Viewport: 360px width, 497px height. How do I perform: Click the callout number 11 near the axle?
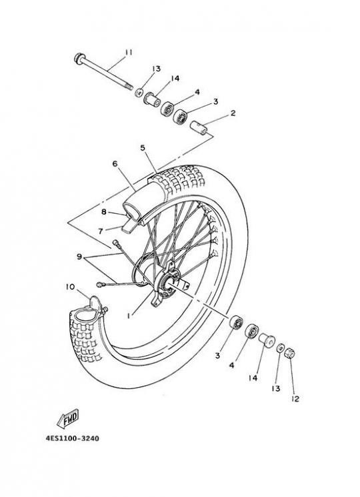point(129,53)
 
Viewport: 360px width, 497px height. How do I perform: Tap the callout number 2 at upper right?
point(233,113)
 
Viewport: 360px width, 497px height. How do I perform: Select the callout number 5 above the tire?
point(143,148)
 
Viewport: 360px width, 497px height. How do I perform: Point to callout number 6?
point(115,164)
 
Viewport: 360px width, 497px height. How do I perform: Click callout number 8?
point(104,211)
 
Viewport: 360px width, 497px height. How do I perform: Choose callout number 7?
point(101,231)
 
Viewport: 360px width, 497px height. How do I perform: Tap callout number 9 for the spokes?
point(79,256)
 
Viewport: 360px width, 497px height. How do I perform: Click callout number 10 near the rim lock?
point(70,287)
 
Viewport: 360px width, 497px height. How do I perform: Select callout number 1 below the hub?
point(129,316)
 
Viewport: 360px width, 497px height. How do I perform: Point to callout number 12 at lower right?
point(295,399)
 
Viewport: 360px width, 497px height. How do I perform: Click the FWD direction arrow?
point(68,419)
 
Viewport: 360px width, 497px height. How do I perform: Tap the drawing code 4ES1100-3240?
point(72,438)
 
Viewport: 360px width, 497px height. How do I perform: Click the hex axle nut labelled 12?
point(289,352)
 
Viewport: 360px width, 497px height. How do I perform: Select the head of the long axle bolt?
point(79,59)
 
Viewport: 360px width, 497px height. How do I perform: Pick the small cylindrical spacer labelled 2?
point(199,127)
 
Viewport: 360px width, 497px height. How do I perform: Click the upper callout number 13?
point(156,69)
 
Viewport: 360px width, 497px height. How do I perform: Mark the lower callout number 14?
point(253,378)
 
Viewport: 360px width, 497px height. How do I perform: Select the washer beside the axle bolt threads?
point(139,93)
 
